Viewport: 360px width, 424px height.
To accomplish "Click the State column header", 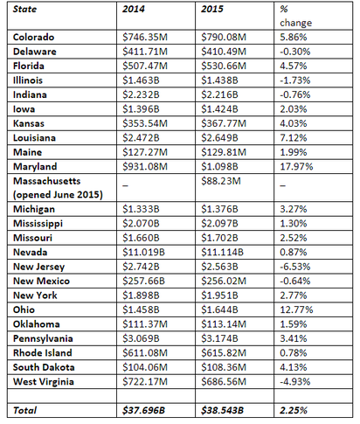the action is [24, 9].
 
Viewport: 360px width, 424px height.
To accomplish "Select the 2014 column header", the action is [134, 9].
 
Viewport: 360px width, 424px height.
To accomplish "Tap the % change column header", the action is [295, 16].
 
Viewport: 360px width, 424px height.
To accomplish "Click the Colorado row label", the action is [33, 37].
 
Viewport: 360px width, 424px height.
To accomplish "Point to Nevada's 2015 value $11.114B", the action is [222, 252].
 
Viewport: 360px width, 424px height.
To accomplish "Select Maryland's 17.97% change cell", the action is [296, 166].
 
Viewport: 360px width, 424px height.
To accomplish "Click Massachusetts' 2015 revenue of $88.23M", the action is [221, 181].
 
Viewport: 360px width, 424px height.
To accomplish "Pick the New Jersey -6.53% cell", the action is [295, 267].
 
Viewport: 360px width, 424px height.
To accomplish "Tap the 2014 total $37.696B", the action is [143, 410].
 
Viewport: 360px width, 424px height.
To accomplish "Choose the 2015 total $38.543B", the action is [222, 410].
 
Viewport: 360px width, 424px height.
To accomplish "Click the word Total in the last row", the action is [24, 410].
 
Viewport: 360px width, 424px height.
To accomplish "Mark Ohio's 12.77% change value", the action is [296, 309].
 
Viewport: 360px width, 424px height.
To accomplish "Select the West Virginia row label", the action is [44, 382].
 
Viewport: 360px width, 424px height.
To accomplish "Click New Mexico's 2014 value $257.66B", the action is [143, 281].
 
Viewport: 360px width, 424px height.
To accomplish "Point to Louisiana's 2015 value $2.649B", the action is [219, 138].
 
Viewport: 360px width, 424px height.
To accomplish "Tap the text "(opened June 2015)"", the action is [58, 195].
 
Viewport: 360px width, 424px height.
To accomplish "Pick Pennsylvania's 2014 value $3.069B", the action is [141, 338].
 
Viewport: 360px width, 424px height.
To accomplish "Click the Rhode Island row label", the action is [43, 353].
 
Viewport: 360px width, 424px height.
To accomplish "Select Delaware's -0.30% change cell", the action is [295, 52].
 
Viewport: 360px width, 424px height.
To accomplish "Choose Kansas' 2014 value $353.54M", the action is [145, 123].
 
